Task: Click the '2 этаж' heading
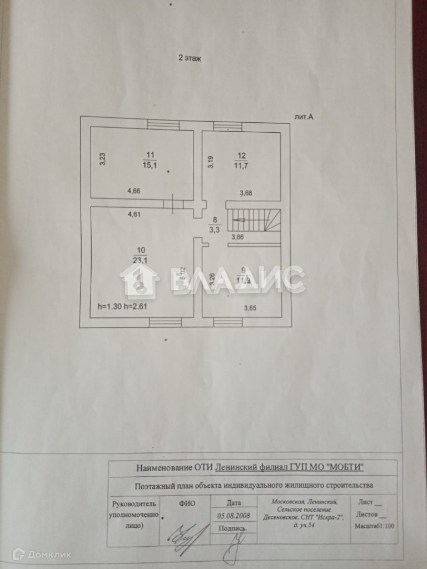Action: click(x=189, y=57)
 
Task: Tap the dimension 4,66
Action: click(x=134, y=191)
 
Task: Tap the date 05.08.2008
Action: click(x=234, y=516)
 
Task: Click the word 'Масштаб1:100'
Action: click(x=373, y=524)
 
